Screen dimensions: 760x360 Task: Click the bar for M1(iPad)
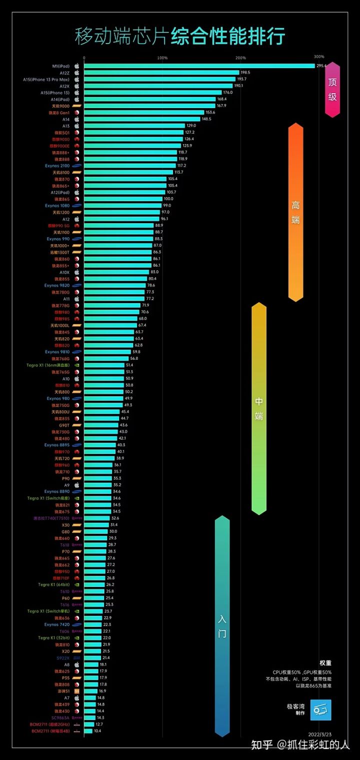[x=199, y=66]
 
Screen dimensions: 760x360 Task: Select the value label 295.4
[x=321, y=66]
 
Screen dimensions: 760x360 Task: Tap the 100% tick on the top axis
[x=162, y=58]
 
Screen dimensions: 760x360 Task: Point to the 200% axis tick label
[x=240, y=58]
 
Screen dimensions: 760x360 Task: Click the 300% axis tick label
[x=319, y=57]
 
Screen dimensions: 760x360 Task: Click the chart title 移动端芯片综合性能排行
[x=180, y=37]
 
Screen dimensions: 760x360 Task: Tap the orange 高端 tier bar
[x=296, y=212]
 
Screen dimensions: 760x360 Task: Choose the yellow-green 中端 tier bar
[x=258, y=408]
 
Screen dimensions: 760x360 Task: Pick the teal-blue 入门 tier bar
[x=222, y=625]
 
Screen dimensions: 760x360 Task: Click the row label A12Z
[x=64, y=73]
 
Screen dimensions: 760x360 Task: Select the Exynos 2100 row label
[x=57, y=166]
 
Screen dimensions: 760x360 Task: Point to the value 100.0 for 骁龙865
[x=170, y=199]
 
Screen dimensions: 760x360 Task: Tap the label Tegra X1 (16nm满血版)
[x=48, y=365]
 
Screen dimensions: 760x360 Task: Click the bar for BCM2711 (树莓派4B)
[x=88, y=731]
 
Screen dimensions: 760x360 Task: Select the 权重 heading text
[x=325, y=662]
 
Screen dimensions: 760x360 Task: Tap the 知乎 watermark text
[x=262, y=745]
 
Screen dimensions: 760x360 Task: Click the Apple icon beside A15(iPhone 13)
[x=77, y=93]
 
